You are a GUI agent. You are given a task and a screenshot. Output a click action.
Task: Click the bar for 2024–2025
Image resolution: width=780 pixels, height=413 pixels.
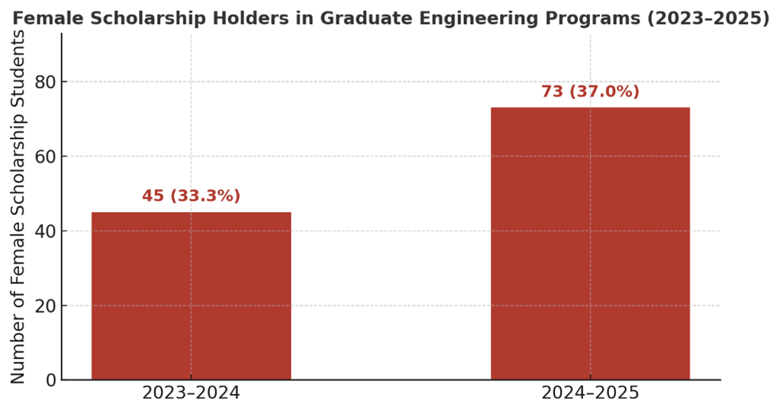pyautogui.click(x=590, y=244)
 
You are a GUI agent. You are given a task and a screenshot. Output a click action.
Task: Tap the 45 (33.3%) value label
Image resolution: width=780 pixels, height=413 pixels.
pyautogui.click(x=191, y=196)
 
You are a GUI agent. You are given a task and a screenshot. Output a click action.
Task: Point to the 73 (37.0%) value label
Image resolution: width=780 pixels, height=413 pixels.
pyautogui.click(x=590, y=92)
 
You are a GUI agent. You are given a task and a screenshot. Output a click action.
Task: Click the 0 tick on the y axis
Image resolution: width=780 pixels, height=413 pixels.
pyautogui.click(x=51, y=380)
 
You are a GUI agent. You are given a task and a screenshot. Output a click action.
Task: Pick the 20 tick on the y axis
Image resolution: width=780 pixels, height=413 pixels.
pyautogui.click(x=46, y=306)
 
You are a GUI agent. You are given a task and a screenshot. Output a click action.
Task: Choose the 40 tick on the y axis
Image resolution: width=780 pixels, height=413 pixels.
pyautogui.click(x=46, y=231)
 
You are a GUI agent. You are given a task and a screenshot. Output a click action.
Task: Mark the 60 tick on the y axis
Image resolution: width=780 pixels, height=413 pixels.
pyautogui.click(x=46, y=156)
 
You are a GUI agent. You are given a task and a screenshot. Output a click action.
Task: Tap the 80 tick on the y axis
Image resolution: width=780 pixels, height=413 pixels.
pyautogui.click(x=46, y=82)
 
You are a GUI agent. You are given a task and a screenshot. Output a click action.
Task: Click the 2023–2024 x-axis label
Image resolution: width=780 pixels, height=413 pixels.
pyautogui.click(x=191, y=394)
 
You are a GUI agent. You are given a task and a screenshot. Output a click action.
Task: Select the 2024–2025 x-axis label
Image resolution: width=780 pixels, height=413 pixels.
pyautogui.click(x=590, y=394)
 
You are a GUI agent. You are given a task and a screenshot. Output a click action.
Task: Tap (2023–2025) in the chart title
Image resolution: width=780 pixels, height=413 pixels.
pyautogui.click(x=707, y=18)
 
